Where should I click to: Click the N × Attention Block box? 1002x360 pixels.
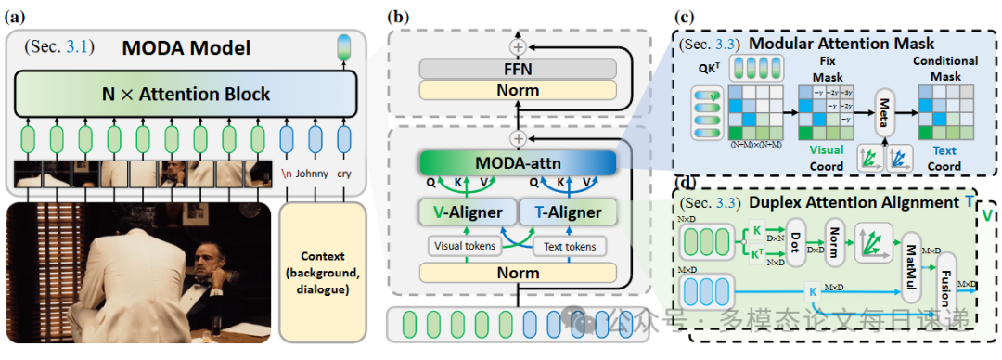point(186,94)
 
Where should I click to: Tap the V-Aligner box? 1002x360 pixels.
point(464,212)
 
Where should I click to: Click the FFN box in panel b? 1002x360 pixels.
point(518,69)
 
